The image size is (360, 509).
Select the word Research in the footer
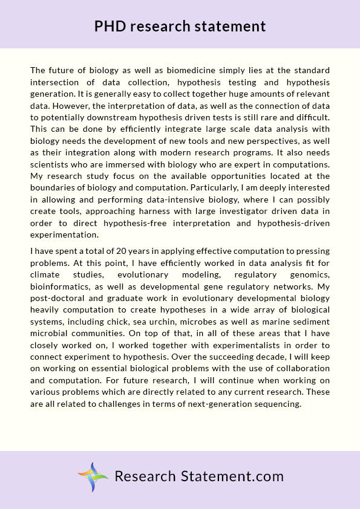[145, 476]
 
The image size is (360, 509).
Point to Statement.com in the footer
[232, 476]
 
